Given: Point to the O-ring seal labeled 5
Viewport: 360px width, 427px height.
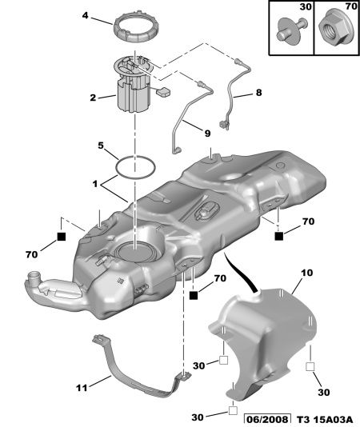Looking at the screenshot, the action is point(118,172).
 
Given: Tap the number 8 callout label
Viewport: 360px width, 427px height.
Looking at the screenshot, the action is point(258,93).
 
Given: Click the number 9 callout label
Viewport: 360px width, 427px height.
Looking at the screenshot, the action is point(208,134).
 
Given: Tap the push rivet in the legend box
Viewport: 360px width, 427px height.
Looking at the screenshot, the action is point(291,30).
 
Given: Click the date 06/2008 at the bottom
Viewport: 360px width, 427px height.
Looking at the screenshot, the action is point(266,420).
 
